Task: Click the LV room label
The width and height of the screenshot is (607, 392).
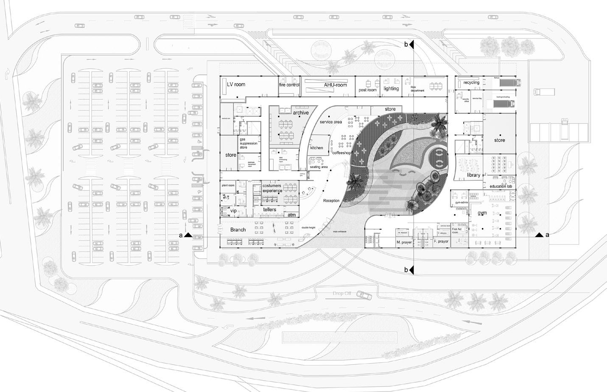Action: point(236,84)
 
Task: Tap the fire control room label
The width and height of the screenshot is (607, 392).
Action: point(289,85)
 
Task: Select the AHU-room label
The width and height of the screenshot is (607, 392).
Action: point(336,85)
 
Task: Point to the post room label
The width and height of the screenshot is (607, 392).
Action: point(367,90)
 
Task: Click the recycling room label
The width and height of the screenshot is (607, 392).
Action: point(471,82)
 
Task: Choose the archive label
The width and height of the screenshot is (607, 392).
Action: point(301,113)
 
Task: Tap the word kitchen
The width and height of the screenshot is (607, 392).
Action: point(316,148)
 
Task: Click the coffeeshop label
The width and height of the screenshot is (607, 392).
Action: point(342,153)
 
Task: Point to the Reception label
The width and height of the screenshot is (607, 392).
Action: point(331,201)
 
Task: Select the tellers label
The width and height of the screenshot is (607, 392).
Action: point(269,210)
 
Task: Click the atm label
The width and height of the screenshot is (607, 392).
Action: point(292,215)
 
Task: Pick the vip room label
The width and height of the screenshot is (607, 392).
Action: point(233,211)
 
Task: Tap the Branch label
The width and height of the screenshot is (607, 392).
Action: point(238,230)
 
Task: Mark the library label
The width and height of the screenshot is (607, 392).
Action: point(473,175)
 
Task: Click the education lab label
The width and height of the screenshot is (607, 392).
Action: point(501,186)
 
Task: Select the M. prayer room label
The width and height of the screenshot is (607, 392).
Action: point(404,242)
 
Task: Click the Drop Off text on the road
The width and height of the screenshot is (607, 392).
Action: point(342,294)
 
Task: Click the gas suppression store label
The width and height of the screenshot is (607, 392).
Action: point(249,143)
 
